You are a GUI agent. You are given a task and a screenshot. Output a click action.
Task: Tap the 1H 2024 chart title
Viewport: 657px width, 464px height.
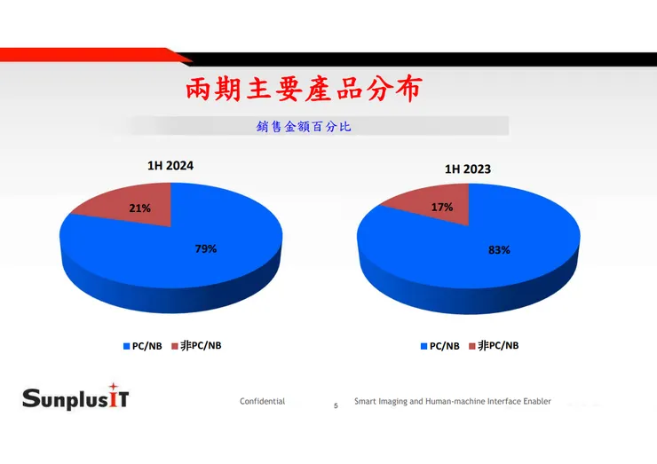click(x=170, y=165)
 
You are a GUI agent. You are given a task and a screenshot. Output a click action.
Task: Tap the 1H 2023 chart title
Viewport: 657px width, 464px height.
click(x=468, y=169)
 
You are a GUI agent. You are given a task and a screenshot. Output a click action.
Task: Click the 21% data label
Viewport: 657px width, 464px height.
click(x=139, y=208)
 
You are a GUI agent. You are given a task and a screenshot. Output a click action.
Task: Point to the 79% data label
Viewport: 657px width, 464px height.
click(x=206, y=249)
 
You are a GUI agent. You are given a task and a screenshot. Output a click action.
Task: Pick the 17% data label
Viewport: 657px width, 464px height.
click(x=442, y=208)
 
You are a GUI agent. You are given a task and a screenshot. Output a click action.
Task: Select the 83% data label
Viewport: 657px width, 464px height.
click(x=499, y=250)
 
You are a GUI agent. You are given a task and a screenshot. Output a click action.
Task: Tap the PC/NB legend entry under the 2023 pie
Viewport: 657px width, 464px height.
click(x=441, y=346)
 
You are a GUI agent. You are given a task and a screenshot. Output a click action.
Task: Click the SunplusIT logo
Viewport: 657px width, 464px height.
click(x=75, y=397)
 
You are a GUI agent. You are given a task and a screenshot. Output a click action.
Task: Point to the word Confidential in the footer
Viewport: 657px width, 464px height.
click(x=262, y=402)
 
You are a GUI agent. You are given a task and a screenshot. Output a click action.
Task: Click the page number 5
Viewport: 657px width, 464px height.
click(x=336, y=406)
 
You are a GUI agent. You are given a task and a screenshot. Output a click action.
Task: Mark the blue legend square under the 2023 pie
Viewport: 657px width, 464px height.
click(x=423, y=347)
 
